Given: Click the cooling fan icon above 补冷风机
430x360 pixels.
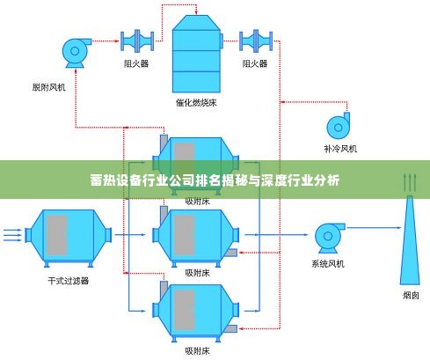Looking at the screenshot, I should (338, 124).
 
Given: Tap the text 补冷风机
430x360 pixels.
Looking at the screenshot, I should (338, 148).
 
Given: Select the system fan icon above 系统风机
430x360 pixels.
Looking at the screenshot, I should (328, 236).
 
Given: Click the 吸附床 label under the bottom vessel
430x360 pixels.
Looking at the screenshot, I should (197, 350).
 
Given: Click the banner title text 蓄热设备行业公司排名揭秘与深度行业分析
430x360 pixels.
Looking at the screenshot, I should (215, 180).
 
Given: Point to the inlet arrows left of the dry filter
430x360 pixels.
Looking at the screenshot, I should (11, 235).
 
